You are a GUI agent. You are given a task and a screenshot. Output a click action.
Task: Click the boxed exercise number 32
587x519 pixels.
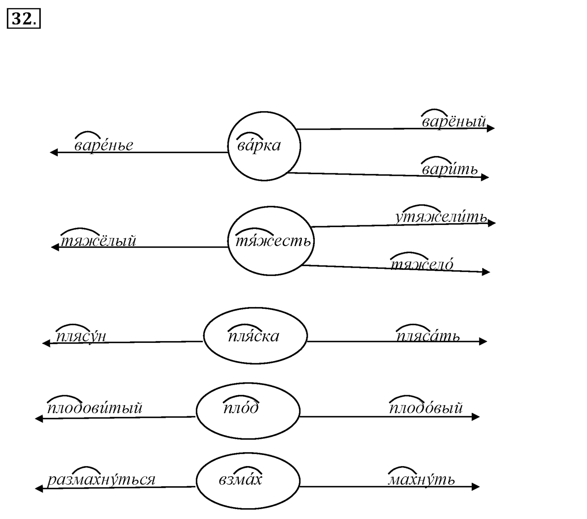23,19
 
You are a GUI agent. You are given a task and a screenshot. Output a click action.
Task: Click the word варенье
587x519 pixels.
104,145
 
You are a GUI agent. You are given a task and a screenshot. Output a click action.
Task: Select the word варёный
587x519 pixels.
454,122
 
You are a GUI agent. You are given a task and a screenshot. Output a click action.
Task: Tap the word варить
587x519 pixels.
449,169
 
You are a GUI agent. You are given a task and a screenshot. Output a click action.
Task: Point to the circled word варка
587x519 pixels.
259,145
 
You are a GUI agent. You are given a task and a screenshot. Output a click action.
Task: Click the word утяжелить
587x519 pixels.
441,216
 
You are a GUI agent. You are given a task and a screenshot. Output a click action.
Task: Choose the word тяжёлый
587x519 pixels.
98,241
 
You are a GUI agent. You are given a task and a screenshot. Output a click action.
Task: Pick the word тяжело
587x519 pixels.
422,264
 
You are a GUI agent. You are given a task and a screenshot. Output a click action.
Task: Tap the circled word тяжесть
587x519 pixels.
273,241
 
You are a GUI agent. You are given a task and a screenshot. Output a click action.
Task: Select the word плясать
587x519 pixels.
428,336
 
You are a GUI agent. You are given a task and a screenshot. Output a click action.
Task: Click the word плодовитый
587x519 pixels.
95,408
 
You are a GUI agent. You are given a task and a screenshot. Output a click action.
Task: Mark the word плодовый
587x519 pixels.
426,408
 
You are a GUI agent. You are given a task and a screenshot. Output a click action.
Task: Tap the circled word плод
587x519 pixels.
241,408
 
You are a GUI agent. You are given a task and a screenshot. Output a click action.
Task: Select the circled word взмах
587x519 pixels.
240,480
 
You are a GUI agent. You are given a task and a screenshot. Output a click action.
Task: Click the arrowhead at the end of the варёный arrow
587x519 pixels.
491,128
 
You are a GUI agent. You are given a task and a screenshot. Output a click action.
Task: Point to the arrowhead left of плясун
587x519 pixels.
46,343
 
